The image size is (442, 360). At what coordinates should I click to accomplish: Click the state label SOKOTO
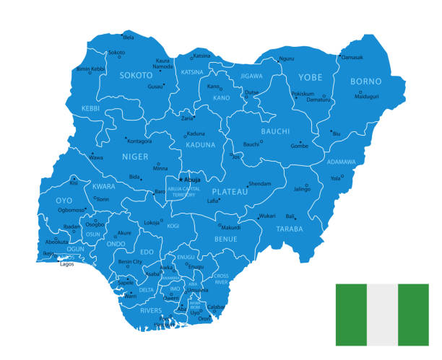click(136, 75)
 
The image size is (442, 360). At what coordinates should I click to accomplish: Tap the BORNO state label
click(365, 82)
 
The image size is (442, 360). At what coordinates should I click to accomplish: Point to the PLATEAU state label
click(230, 192)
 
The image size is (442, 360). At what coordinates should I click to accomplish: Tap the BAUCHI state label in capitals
click(275, 131)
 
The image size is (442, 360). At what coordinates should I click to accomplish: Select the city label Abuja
click(192, 179)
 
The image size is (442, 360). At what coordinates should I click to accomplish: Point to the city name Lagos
click(67, 264)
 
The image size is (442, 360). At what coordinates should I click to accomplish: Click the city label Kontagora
click(140, 141)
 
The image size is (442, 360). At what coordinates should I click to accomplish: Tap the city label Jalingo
click(302, 189)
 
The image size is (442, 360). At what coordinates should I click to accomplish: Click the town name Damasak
click(352, 57)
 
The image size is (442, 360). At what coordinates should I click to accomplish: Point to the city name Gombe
click(299, 146)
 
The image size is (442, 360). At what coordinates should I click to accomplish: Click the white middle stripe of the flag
click(382, 315)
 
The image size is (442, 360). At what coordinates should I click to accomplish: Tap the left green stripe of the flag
click(351, 315)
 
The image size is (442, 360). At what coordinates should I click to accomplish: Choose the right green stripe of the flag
click(413, 315)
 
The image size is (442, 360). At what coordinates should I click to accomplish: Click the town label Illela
click(129, 36)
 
